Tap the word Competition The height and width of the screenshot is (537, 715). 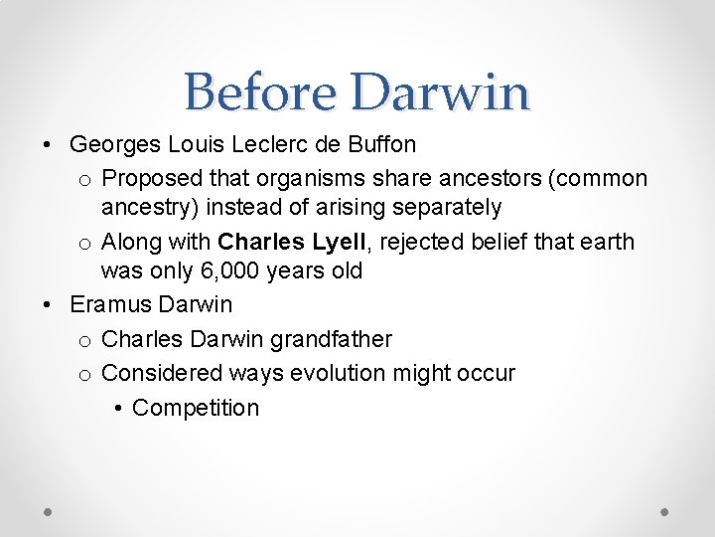click(196, 408)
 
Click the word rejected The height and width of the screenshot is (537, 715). click(420, 242)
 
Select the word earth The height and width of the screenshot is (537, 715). click(608, 242)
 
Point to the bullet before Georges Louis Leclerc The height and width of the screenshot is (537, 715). click(49, 145)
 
